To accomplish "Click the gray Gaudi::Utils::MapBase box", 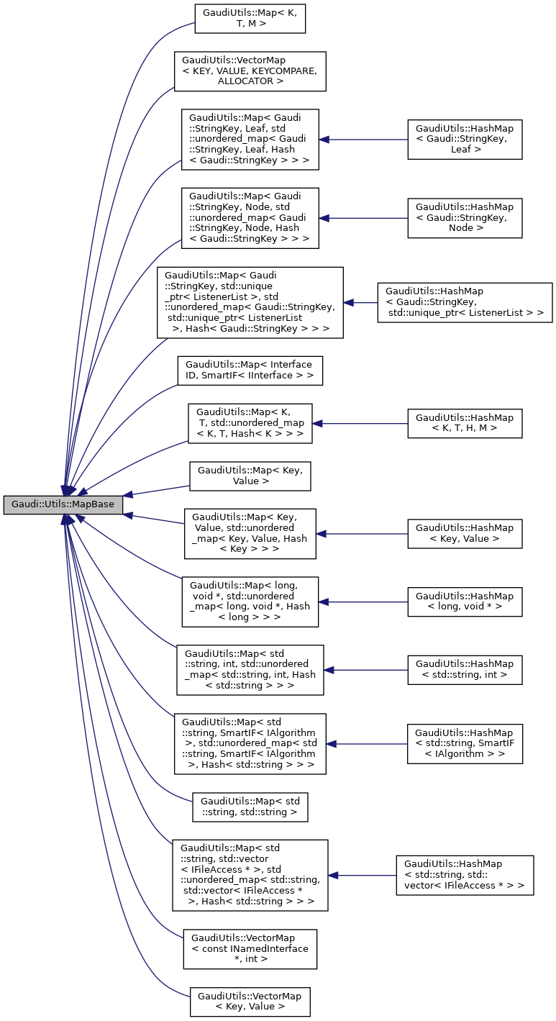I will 63,504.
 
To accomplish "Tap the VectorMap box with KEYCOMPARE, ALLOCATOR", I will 250,71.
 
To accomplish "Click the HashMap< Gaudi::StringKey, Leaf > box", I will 464,140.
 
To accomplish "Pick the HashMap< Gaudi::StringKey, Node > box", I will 464,218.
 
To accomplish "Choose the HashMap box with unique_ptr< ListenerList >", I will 465,302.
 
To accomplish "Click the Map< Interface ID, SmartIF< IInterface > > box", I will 250,371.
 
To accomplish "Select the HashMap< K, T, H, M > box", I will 464,424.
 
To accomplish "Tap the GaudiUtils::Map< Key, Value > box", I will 250,476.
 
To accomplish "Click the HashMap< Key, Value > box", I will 464,534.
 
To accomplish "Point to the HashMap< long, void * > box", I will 464,602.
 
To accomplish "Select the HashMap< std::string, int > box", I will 464,670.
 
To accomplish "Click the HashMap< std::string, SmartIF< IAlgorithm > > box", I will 464,744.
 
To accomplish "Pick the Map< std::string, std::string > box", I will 250,807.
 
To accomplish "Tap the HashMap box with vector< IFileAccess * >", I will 465,875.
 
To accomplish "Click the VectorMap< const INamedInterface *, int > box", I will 250,948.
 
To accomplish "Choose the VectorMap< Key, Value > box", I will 250,1002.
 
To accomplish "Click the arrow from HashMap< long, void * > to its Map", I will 363,602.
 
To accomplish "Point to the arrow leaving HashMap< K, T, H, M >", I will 360,424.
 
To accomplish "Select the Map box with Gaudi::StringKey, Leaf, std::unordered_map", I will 250,140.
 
